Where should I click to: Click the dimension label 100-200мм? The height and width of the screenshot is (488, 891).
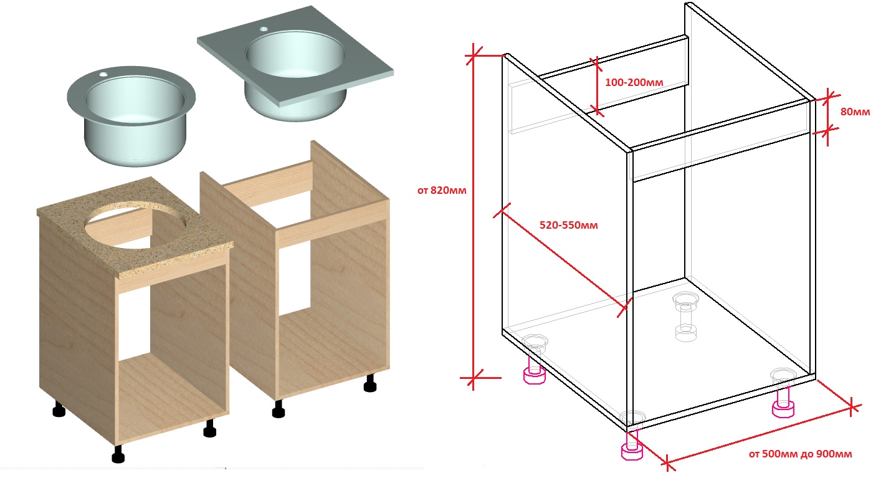pos(634,82)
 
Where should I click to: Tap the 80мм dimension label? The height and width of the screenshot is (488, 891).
pos(855,112)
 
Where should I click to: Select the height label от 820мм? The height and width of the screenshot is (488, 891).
pos(442,191)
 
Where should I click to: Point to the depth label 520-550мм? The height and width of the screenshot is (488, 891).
pos(568,225)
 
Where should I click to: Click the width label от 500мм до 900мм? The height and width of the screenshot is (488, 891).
pos(800,454)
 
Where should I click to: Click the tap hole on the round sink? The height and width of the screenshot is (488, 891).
pos(103,74)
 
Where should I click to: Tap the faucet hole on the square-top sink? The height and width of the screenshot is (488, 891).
pos(264,29)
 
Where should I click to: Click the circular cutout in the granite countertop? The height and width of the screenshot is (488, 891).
pos(136,225)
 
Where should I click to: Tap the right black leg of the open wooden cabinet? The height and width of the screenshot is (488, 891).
pos(370,383)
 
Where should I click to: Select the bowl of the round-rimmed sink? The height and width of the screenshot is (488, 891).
pos(135,119)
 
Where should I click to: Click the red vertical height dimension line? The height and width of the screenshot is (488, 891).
pos(474,217)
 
